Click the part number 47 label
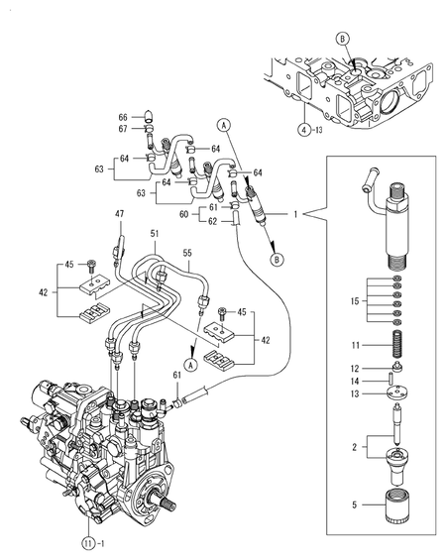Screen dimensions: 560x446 (120, 214)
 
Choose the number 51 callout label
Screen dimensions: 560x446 (154, 233)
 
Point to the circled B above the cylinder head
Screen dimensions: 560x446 (342, 39)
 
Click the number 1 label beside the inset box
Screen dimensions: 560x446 (294, 213)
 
